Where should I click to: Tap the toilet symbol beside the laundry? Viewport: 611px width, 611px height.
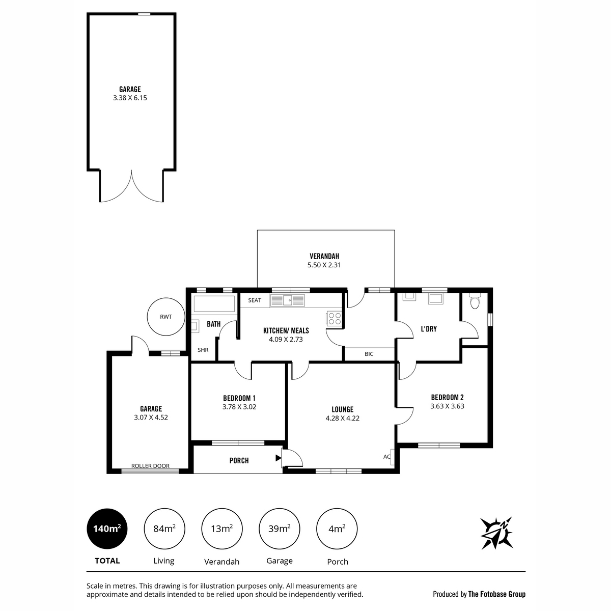pos(475,301)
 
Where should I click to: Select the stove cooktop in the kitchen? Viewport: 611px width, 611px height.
pos(334,319)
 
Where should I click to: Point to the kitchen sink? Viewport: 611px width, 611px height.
pos(287,300)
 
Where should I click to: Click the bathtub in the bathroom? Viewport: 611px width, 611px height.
pos(214,303)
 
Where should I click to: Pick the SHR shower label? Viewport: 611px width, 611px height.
pos(203,350)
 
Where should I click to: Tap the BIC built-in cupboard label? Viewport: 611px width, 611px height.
pos(369,354)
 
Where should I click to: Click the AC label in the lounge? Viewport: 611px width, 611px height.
pos(387,457)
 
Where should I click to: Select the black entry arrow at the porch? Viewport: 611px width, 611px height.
pos(278,458)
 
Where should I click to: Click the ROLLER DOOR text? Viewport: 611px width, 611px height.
pos(150,466)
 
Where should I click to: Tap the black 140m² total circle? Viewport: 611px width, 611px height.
pos(107,529)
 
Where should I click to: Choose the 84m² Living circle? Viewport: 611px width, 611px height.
pos(164,529)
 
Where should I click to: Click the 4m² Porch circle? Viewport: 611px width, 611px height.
pos(337,529)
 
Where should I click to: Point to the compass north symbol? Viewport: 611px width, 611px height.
pos(496,533)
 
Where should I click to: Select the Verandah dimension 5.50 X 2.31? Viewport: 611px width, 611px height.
pos(324,265)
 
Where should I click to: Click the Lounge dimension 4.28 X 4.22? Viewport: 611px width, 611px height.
pos(343,418)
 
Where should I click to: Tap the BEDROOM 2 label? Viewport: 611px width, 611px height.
pos(447,397)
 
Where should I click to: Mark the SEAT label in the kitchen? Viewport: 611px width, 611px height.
pos(255,300)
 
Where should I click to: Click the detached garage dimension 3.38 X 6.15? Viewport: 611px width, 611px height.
pos(130,98)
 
